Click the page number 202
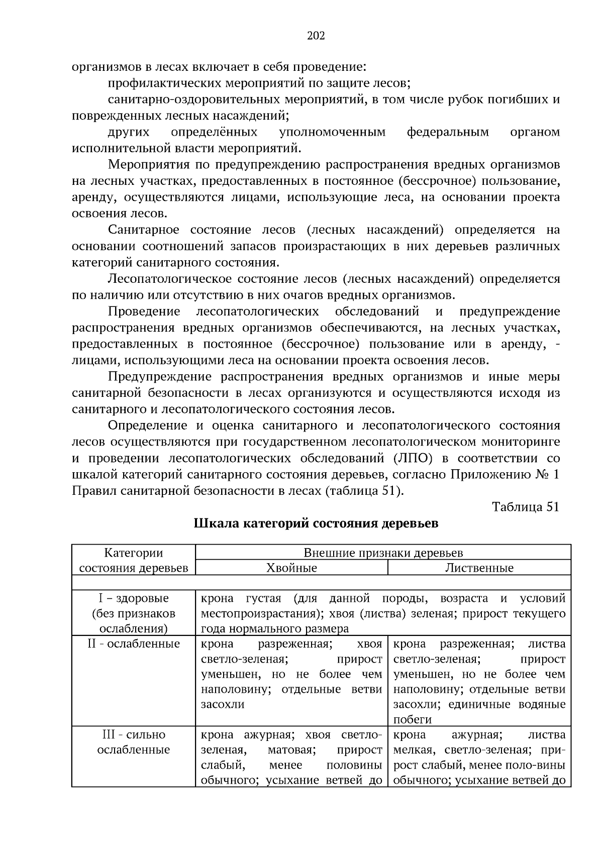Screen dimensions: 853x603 (316, 36)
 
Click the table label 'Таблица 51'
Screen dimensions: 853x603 (525, 507)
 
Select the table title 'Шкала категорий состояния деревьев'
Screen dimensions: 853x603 (316, 523)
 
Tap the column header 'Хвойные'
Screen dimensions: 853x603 (291, 568)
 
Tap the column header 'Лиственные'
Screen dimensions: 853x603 (479, 568)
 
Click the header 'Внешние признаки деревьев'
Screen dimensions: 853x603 (383, 553)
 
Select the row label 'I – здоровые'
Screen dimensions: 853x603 (134, 598)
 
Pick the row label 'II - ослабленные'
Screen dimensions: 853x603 (134, 644)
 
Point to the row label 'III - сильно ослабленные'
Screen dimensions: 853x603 (134, 742)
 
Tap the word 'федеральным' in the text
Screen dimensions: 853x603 (447, 132)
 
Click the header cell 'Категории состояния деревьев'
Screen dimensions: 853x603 (134, 561)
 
